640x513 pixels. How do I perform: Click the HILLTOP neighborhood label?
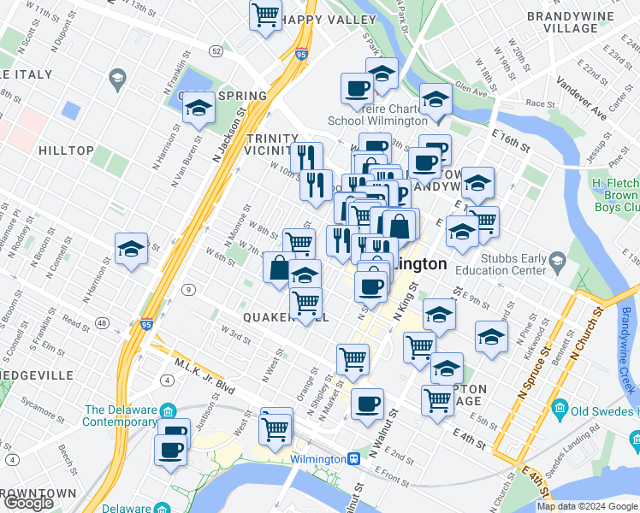pos(66,150)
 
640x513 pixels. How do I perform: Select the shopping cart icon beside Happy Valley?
pos(266,14)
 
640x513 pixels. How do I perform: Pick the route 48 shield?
pos(103,322)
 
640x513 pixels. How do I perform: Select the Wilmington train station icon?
pos(353,458)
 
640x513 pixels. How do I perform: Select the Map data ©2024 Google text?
pos(587,506)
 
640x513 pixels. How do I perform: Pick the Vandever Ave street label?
pos(581,97)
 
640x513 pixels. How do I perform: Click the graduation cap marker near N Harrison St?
pos(131,249)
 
